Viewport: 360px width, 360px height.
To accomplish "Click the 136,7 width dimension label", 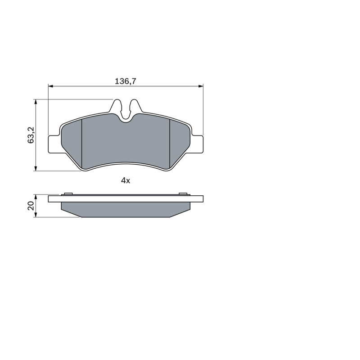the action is [126, 81].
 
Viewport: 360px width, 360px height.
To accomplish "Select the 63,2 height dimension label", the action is [31, 135].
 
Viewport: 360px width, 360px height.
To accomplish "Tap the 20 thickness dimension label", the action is [31, 206].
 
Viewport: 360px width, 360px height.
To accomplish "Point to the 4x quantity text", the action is [126, 181].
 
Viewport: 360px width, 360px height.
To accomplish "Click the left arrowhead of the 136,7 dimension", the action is [51, 86].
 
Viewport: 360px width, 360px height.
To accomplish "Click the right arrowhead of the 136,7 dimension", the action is [201, 86].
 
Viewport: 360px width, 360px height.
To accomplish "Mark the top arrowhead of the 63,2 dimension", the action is [36, 102].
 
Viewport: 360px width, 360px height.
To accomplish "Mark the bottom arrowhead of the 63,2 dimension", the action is [36, 168].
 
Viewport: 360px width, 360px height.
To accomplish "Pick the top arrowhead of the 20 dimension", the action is [36, 197].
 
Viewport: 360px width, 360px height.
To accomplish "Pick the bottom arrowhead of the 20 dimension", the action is [36, 215].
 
